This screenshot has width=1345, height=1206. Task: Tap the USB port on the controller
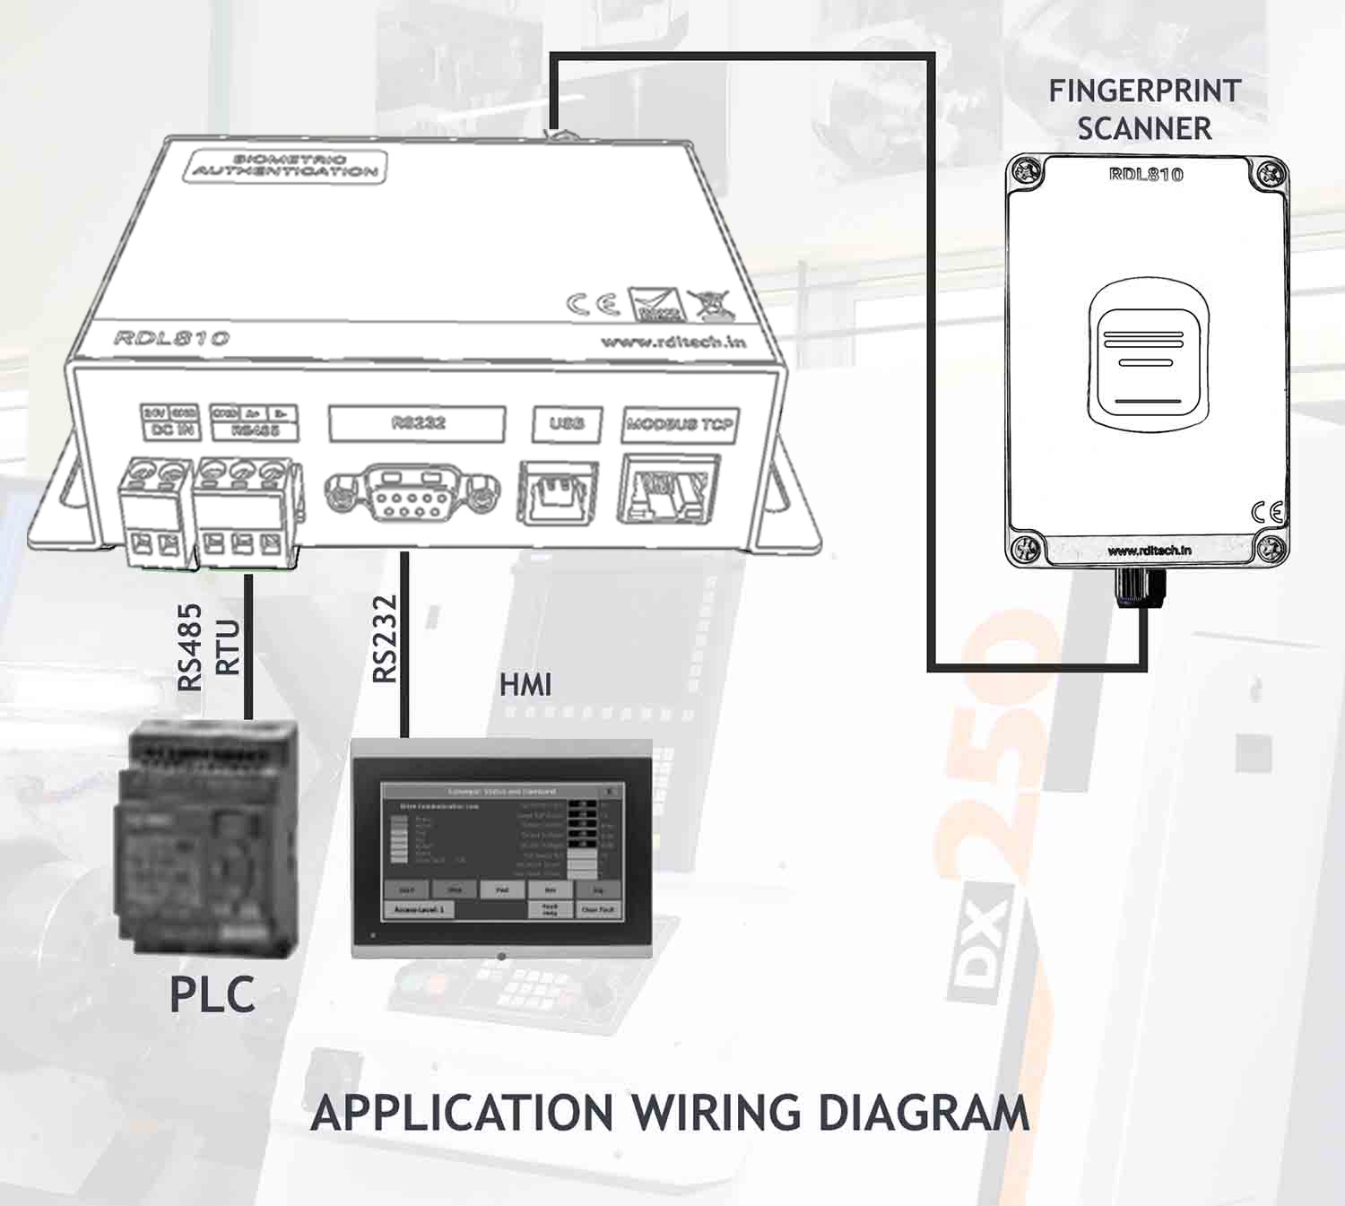click(557, 492)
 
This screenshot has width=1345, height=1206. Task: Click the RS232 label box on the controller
click(417, 423)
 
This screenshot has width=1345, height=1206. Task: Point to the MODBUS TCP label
click(679, 424)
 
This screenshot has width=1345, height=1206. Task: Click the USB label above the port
click(566, 423)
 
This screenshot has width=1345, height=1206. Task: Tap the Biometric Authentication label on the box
click(285, 166)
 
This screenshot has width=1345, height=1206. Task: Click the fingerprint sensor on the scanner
click(1148, 354)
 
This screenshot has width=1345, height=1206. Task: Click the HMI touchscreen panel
click(502, 847)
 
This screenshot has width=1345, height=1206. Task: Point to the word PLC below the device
click(213, 994)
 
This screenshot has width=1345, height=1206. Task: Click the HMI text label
click(525, 686)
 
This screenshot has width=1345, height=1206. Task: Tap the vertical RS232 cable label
click(385, 638)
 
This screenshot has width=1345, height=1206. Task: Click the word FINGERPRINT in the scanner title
click(1144, 91)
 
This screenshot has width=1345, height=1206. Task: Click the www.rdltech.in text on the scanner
click(1149, 551)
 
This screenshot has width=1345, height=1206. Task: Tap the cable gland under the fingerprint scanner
click(1140, 587)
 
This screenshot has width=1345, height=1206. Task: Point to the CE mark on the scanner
click(1267, 512)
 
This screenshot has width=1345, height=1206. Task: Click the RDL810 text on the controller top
click(171, 338)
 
